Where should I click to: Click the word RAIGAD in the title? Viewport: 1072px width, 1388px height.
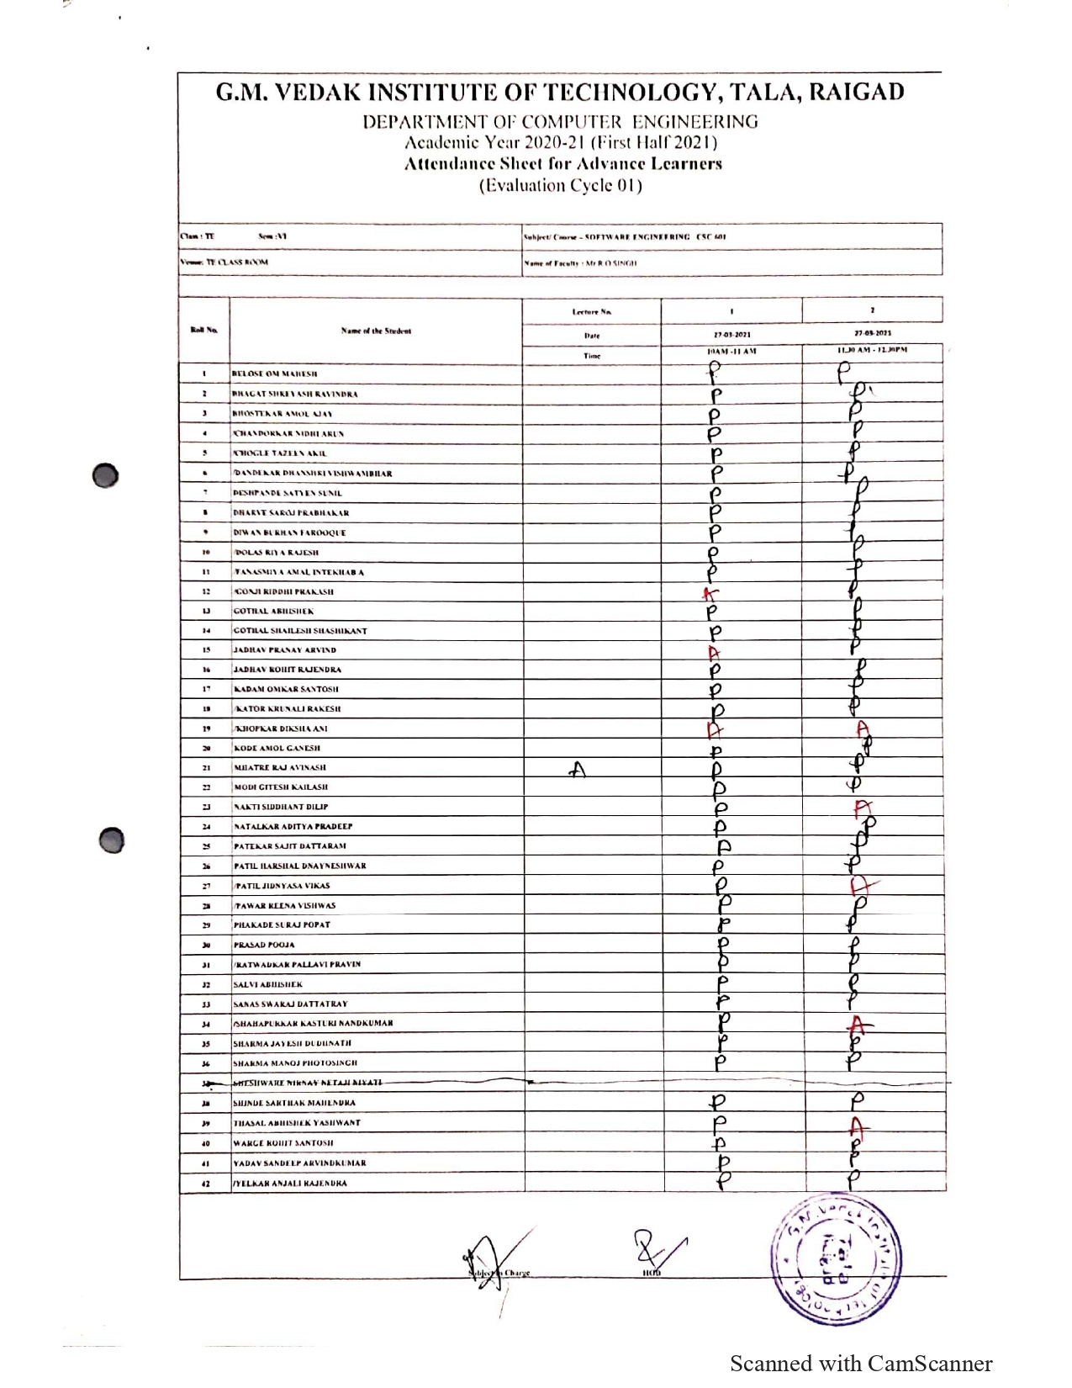[x=856, y=92]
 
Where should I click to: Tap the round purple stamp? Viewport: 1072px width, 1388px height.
[x=837, y=1258]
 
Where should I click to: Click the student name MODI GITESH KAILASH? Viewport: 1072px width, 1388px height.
[x=281, y=787]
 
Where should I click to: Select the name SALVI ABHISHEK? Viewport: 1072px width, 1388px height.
[x=268, y=984]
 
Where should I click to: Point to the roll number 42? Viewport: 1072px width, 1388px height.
[x=204, y=1184]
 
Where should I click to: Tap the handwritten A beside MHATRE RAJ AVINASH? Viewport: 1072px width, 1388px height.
[x=577, y=769]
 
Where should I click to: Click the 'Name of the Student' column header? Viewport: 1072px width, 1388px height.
[x=376, y=331]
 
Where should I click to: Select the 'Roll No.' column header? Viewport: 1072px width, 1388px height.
[x=203, y=330]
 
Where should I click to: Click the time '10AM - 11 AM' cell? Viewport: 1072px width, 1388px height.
[x=731, y=352]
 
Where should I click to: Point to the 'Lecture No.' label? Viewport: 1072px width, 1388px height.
[x=592, y=312]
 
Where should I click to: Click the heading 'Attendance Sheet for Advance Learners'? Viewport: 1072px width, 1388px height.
[x=562, y=164]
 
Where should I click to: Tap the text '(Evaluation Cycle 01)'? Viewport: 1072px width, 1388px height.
[x=561, y=186]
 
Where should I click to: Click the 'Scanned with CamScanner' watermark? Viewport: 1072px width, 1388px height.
[x=860, y=1364]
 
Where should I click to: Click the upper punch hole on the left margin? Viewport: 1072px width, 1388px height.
[x=106, y=475]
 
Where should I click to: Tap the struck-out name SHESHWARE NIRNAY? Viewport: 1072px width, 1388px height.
[x=307, y=1083]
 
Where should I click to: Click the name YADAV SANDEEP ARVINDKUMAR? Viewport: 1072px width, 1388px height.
[x=299, y=1163]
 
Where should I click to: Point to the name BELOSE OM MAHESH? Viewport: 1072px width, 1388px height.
[x=275, y=373]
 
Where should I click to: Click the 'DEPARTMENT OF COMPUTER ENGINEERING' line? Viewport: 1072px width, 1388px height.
[x=560, y=122]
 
